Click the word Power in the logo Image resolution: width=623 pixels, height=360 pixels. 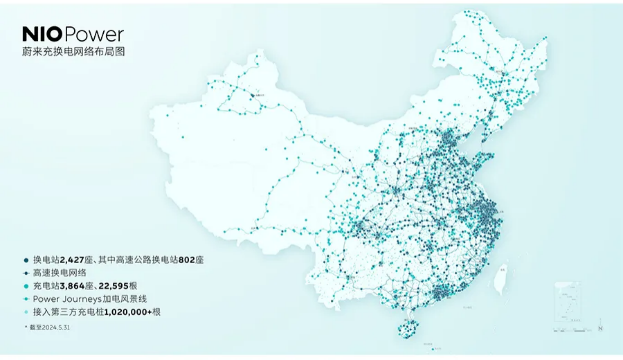coord(96,34)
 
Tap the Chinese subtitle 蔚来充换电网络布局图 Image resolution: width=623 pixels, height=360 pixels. coord(73,52)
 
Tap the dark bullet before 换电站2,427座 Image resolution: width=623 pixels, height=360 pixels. coord(25,259)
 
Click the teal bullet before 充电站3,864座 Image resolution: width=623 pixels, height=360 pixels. coord(25,285)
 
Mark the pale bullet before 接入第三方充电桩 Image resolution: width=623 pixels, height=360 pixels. coord(25,312)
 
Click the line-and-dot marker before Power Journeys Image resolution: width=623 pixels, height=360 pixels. coord(25,298)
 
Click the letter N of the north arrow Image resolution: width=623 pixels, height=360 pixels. coord(601,327)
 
